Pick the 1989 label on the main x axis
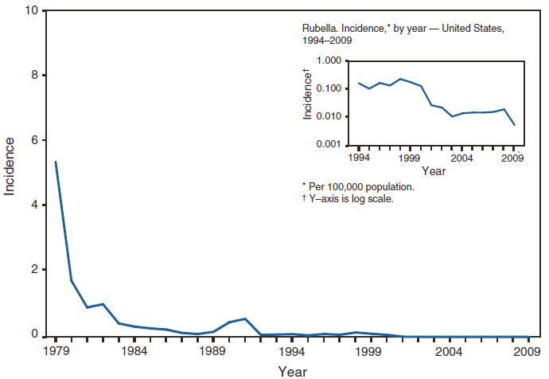click(212, 351)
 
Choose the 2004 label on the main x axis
click(449, 351)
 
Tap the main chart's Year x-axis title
click(292, 370)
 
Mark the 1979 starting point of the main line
click(55, 162)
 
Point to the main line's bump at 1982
click(103, 304)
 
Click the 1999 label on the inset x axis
click(410, 158)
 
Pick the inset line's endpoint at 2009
click(513, 125)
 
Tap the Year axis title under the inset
click(434, 170)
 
